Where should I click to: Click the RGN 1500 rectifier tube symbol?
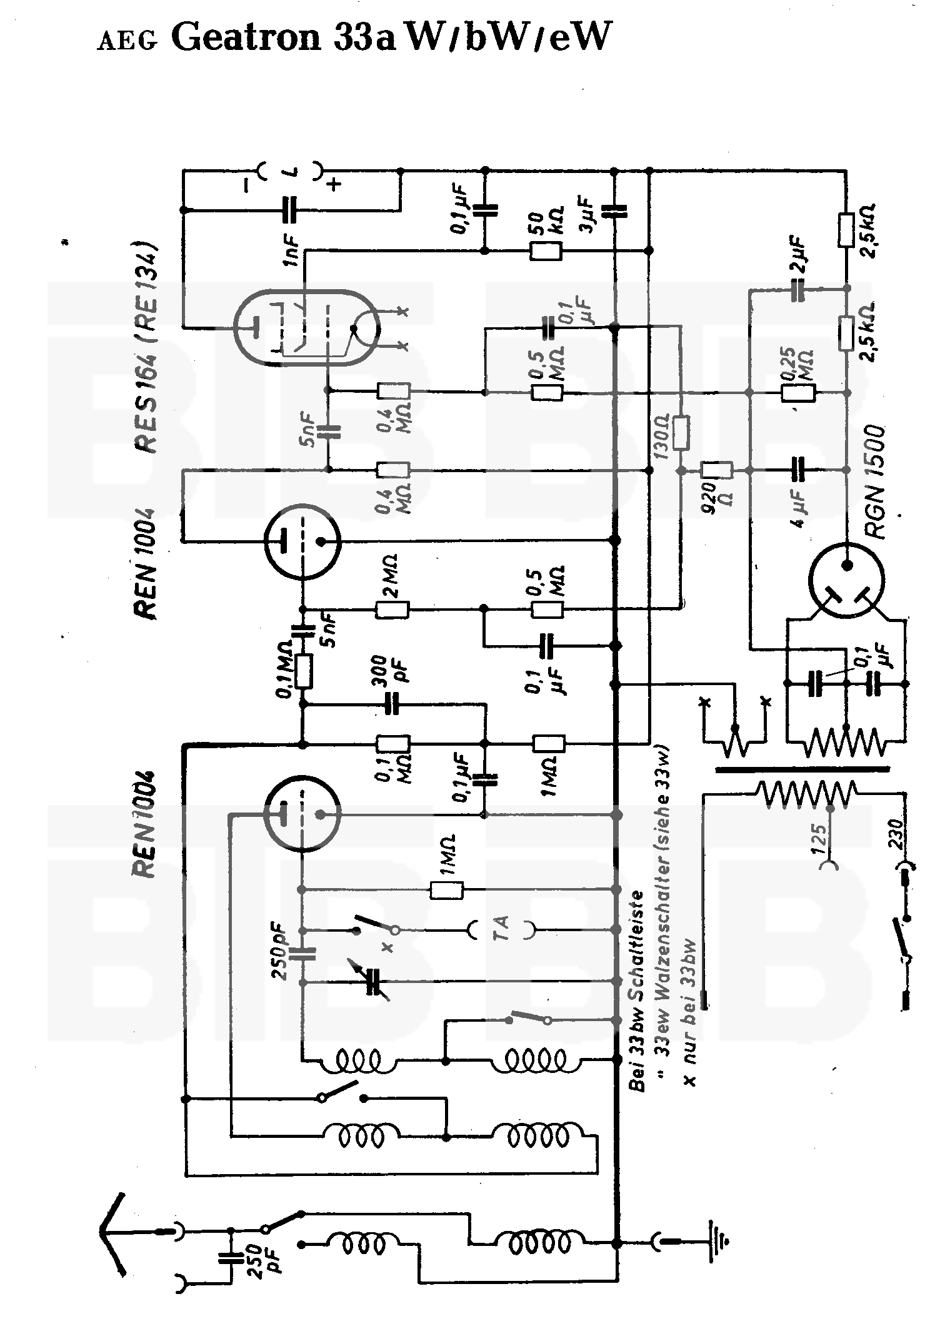point(846,580)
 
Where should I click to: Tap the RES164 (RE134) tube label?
point(147,347)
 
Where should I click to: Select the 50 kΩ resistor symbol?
point(546,251)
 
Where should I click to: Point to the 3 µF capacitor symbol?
point(614,211)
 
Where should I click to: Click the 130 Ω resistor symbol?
point(681,433)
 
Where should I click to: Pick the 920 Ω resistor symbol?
point(716,470)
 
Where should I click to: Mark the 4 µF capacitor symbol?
point(798,470)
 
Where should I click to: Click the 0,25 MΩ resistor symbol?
point(798,393)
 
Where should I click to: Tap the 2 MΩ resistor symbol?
point(392,610)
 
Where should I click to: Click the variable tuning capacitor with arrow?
point(374,982)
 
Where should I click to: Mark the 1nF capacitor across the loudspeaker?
point(289,210)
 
